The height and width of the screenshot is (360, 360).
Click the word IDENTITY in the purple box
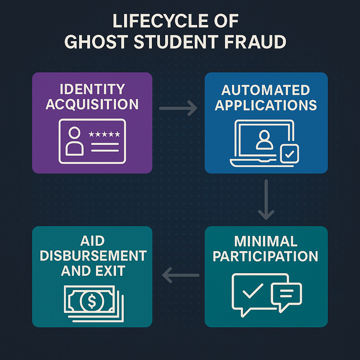coord(92,89)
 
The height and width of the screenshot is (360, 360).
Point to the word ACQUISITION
coord(92,104)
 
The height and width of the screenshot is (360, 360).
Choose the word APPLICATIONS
coord(266,105)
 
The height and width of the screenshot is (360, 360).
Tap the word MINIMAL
coord(266,241)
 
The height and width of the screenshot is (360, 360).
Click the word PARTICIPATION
coord(266,256)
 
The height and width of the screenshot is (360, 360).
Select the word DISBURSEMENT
coord(93,256)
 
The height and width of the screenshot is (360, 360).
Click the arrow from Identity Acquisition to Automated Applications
coord(178,108)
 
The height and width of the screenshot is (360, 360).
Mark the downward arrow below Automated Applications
coord(266,199)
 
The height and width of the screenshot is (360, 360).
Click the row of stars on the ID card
coord(104,134)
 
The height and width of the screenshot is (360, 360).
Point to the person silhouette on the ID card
coord(75,141)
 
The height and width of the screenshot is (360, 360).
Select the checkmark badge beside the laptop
coord(289,153)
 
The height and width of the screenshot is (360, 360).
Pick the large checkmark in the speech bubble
coord(253,290)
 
